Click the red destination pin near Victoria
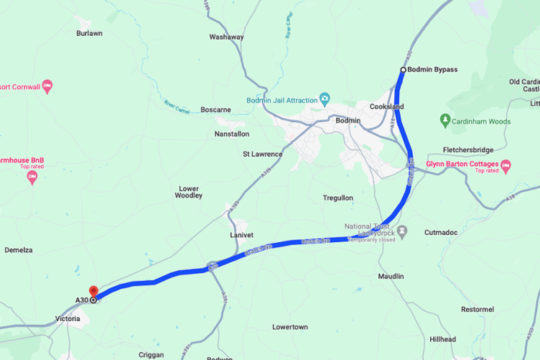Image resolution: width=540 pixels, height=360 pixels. [93, 292]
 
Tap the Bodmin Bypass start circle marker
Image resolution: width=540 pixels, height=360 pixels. [403, 70]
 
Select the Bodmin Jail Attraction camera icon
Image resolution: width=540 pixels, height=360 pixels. [325, 99]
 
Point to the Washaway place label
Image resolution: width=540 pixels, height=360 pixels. [226, 37]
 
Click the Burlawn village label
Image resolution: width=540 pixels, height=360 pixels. [89, 33]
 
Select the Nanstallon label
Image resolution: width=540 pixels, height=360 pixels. [232, 134]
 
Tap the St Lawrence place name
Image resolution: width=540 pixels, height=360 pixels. [262, 154]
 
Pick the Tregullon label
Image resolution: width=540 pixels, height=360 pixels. [338, 198]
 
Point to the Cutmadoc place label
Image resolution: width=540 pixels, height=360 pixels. [441, 232]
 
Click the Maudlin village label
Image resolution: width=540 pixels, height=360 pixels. [391, 276]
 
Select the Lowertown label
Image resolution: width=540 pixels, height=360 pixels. [290, 327]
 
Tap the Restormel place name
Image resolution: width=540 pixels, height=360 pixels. [478, 309]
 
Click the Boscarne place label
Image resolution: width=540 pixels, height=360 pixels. [215, 110]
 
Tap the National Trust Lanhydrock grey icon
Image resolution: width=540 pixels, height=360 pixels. [402, 231]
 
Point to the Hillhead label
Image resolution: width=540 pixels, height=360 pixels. [442, 339]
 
